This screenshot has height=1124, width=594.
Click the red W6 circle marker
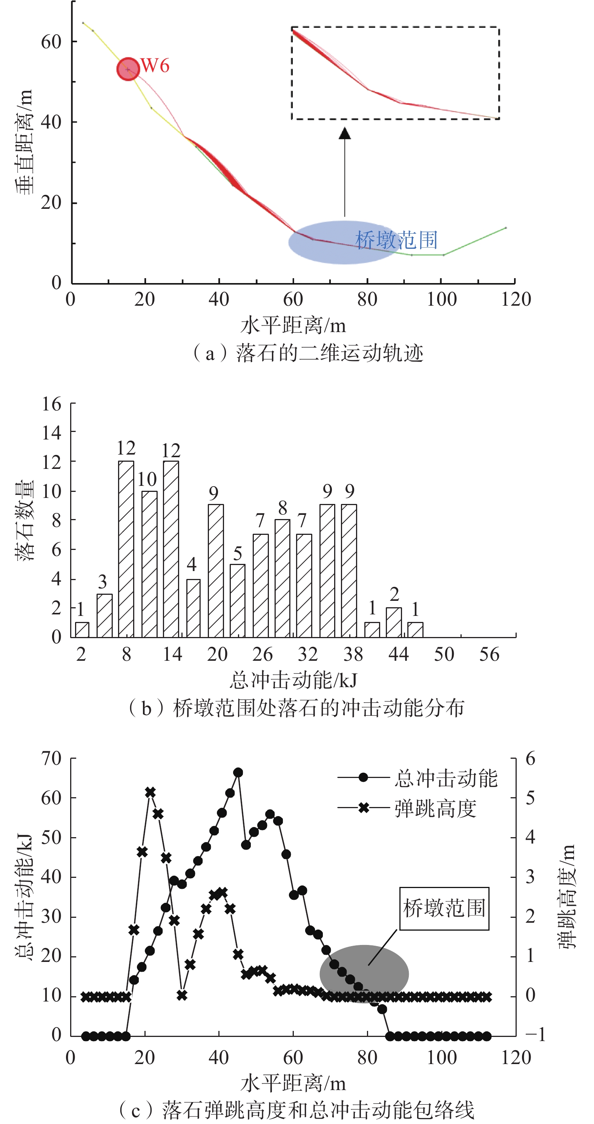[128, 69]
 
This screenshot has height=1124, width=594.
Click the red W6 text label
[155, 66]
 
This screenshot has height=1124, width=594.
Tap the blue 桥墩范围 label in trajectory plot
[396, 240]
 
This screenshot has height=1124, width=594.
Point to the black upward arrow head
[345, 133]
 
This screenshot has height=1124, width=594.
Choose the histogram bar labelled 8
[282, 578]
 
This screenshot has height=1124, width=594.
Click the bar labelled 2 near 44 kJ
[394, 622]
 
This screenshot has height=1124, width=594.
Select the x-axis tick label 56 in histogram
[489, 654]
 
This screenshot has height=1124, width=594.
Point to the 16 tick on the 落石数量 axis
[52, 404]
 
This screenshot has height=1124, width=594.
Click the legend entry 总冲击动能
[445, 779]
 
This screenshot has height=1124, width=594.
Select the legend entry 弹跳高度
[435, 809]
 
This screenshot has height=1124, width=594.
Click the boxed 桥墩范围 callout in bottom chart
[444, 908]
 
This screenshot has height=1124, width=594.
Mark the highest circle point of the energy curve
[238, 773]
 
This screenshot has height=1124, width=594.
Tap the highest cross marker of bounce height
[150, 792]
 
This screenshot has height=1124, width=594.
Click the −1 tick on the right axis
[535, 1035]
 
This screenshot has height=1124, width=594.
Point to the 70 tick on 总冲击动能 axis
[52, 759]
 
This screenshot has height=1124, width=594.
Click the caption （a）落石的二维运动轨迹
[308, 353]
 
